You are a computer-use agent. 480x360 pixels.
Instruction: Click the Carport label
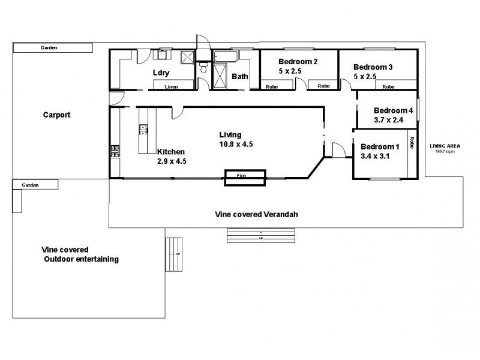coord(57,114)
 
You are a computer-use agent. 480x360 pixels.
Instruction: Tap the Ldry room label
coord(161,73)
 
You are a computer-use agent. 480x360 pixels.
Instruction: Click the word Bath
coord(240,76)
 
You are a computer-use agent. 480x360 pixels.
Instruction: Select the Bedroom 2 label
coord(298,62)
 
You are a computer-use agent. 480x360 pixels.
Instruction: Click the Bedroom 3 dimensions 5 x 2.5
coord(364,76)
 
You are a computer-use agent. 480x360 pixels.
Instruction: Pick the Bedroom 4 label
coord(394,110)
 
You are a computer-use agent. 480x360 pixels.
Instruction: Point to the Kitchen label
coord(171,152)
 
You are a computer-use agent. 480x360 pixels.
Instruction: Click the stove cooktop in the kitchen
coord(115,151)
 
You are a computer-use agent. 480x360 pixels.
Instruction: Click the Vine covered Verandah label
coord(257,214)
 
